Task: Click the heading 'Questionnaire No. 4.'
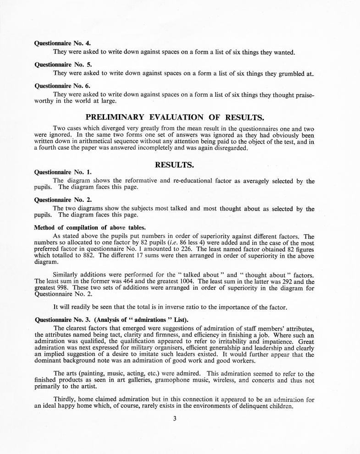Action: point(62,44)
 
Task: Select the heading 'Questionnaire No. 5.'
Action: point(62,64)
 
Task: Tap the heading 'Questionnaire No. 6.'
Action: point(62,85)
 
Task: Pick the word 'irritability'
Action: point(238,342)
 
